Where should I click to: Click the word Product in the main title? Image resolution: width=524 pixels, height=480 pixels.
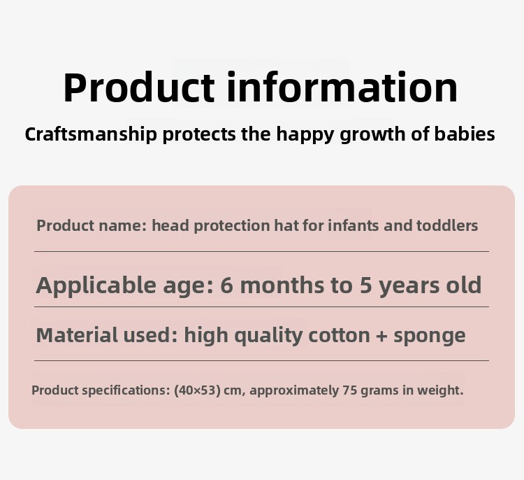[x=139, y=87]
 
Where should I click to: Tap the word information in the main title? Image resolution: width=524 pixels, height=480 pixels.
[x=342, y=86]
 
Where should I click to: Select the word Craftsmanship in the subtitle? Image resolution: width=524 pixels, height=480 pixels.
[x=91, y=134]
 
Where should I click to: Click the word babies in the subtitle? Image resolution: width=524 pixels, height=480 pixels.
[x=465, y=134]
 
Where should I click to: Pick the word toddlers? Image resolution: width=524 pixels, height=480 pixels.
[x=447, y=225]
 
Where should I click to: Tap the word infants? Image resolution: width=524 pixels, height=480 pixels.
[x=354, y=225]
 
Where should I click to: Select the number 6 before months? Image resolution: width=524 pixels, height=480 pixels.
[x=226, y=285]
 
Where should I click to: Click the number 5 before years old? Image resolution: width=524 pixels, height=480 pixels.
[x=366, y=285]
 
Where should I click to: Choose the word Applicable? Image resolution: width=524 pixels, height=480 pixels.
[x=96, y=286]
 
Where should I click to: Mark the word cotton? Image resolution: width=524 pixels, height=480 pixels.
[x=339, y=335]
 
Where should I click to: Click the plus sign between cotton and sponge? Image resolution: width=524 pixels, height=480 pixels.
[x=381, y=336]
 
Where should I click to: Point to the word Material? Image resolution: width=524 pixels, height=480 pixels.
[x=77, y=334]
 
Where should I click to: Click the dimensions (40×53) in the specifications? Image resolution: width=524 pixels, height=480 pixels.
[x=198, y=390]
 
